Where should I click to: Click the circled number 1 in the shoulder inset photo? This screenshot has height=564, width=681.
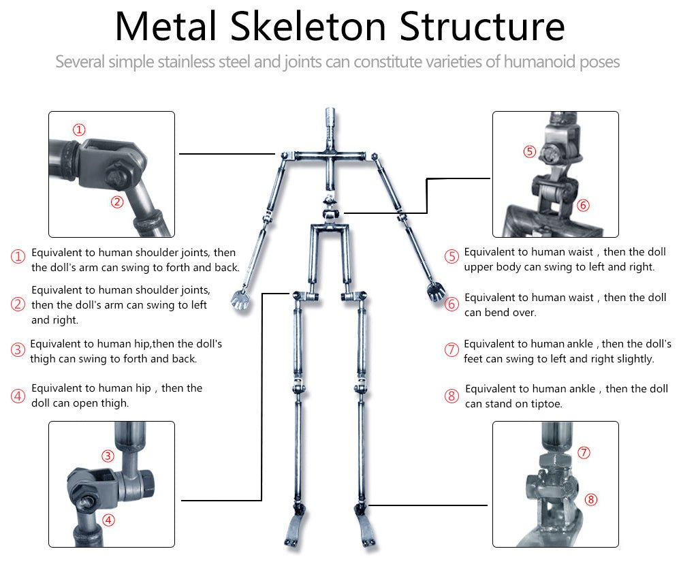[x=80, y=129]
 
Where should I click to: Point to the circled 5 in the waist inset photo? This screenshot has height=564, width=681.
[x=530, y=151]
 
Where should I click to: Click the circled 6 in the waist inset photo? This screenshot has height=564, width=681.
[x=583, y=205]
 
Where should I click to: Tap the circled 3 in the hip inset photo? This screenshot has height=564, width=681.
[x=108, y=456]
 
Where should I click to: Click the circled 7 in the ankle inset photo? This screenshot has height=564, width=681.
[x=584, y=452]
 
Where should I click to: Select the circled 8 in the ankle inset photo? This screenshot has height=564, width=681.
[x=590, y=499]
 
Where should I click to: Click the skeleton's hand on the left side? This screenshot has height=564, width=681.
[x=240, y=298]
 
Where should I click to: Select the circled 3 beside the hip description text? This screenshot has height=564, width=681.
[x=18, y=351]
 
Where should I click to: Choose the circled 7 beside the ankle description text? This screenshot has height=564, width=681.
[x=452, y=350]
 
